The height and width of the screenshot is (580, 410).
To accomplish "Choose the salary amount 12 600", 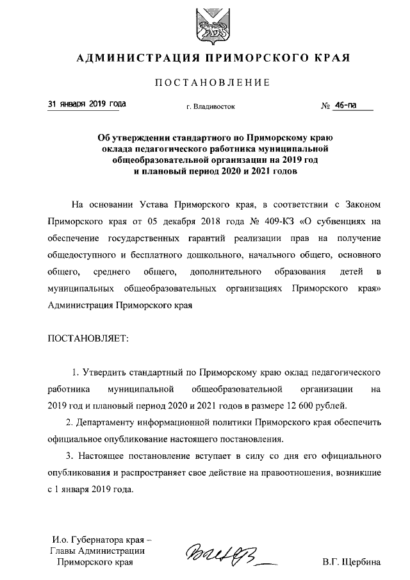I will tap(300, 405).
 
